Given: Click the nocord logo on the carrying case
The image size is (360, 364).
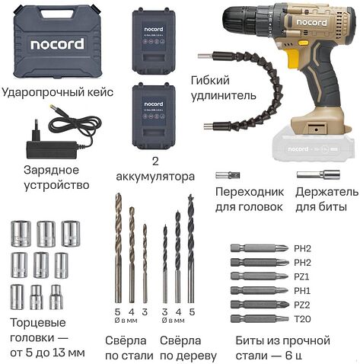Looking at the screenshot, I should click(x=57, y=44).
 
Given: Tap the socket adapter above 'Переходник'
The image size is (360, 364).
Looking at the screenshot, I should click(x=228, y=175).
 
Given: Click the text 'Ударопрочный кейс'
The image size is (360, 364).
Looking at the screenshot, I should click(x=57, y=92).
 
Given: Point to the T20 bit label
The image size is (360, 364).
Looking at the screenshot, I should click(x=302, y=318).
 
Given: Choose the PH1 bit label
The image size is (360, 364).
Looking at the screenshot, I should click(x=302, y=289).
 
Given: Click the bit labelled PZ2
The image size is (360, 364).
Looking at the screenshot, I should click(x=259, y=304).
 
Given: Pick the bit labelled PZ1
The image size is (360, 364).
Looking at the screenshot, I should click(x=259, y=276).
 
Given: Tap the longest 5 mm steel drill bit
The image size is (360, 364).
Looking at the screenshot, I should click(x=117, y=245).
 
